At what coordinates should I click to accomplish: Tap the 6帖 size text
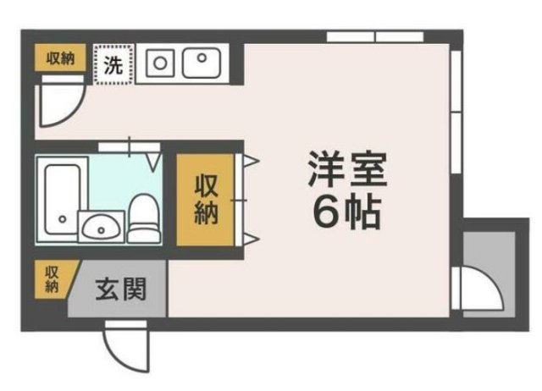[x=347, y=212]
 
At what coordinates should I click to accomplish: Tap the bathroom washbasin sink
[x=101, y=227]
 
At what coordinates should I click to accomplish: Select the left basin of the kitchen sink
[x=160, y=62]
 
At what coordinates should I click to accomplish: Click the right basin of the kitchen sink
[x=201, y=62]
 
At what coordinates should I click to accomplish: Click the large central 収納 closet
[x=207, y=201]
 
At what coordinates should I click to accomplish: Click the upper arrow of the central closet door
[x=252, y=160]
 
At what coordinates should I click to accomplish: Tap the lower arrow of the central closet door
[x=252, y=237]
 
